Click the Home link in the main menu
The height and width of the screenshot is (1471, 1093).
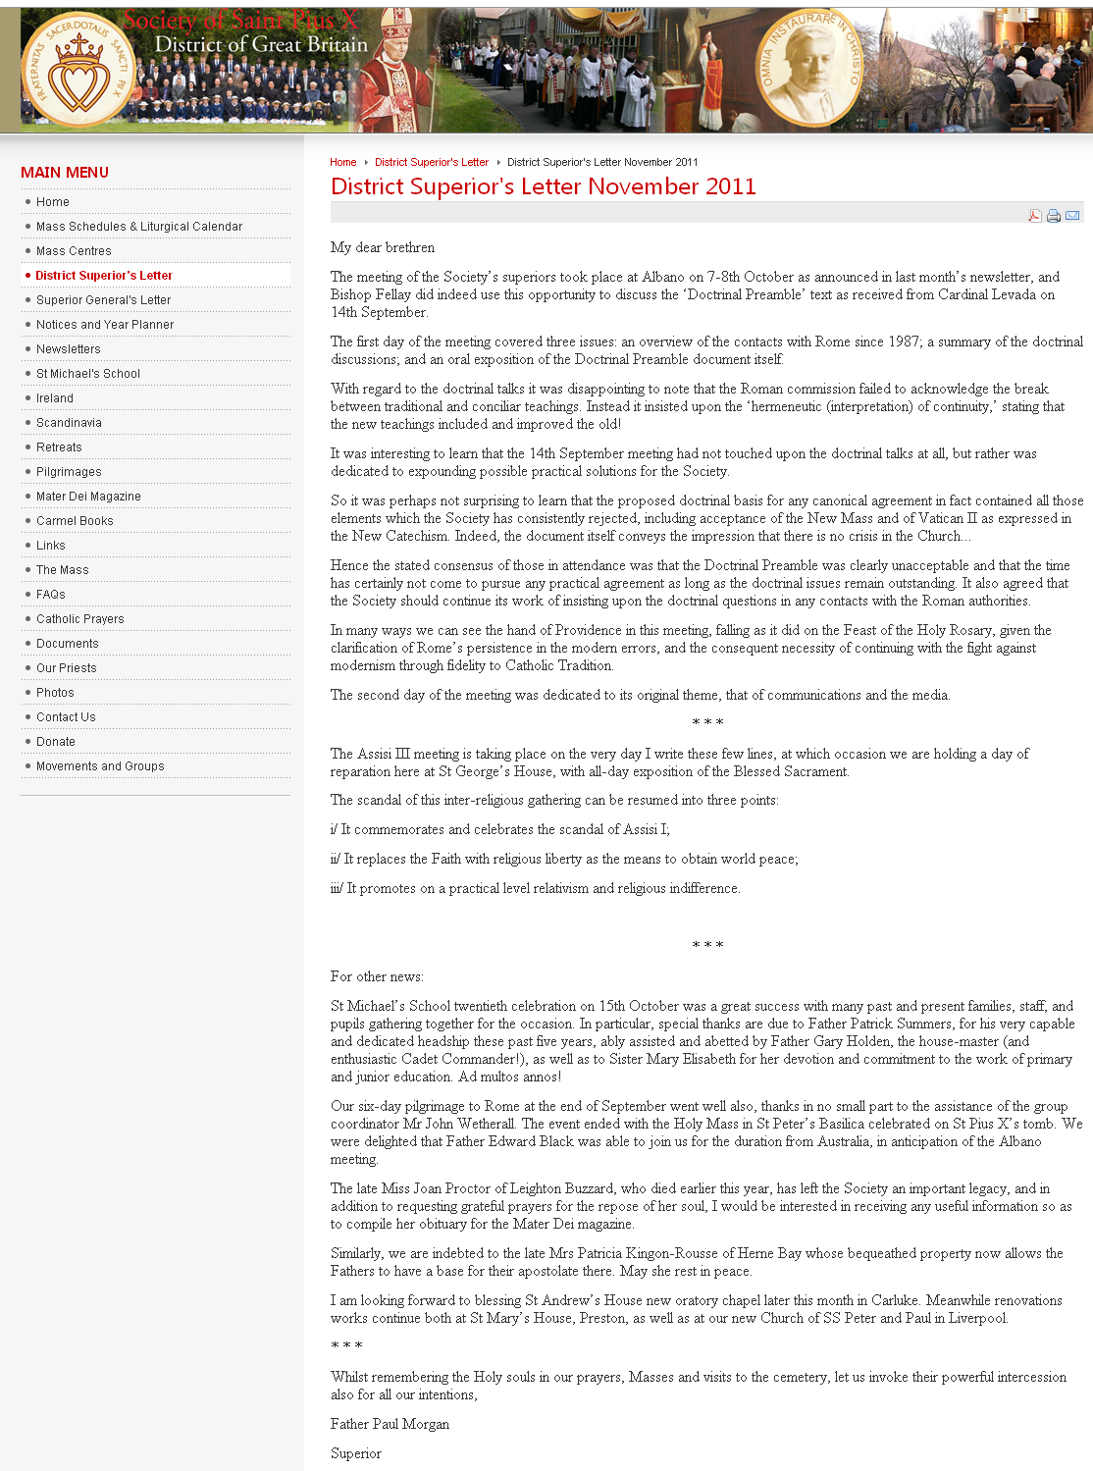53,202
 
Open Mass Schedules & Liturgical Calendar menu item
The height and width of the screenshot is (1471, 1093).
139,227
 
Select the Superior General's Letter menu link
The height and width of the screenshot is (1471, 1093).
103,300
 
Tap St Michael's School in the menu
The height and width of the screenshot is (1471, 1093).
88,374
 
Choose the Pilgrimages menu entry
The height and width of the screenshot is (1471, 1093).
69,472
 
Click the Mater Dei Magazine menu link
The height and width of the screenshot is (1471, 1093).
88,497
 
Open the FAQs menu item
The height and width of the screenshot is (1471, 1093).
51,595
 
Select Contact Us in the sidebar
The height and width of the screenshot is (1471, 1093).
66,717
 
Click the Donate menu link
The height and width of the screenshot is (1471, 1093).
56,742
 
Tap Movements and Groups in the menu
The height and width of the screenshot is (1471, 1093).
100,766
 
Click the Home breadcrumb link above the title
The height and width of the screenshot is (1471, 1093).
343,163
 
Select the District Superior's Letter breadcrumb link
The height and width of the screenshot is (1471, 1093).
432,163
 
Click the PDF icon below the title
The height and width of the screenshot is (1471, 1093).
1034,216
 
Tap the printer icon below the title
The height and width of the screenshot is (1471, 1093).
1054,216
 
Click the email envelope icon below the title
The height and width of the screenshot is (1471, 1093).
1072,216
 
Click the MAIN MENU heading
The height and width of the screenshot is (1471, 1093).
65,173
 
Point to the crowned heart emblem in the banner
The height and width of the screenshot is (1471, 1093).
78,71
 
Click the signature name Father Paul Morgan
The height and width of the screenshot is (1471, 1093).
390,1424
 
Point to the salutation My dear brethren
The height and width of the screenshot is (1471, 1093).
383,247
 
